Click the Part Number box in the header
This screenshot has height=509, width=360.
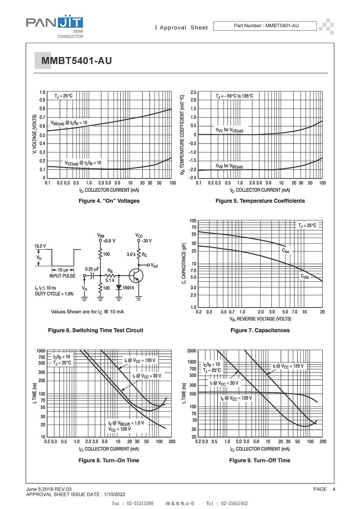[265, 25]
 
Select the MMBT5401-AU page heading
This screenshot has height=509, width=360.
[77, 61]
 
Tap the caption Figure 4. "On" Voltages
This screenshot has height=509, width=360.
[109, 201]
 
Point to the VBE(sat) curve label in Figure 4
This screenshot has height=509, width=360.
[69, 123]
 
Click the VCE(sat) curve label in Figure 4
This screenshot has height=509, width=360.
[83, 163]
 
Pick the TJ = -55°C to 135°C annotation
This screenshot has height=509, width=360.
[234, 96]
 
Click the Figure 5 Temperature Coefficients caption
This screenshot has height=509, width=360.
[260, 201]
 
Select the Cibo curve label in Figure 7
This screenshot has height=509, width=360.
[286, 251]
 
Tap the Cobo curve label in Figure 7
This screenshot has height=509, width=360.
[305, 276]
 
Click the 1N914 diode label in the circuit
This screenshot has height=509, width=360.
[128, 288]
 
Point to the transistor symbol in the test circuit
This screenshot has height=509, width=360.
[136, 276]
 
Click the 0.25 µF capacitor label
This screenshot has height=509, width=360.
[92, 269]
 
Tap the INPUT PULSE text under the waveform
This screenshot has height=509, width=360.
[62, 276]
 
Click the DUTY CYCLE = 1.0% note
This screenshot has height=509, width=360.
[54, 294]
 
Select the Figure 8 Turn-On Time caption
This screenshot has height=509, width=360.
[109, 460]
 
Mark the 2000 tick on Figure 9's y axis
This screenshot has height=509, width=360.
[192, 351]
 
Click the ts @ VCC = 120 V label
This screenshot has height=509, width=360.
[236, 398]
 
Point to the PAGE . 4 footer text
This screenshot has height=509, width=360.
[324, 489]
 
